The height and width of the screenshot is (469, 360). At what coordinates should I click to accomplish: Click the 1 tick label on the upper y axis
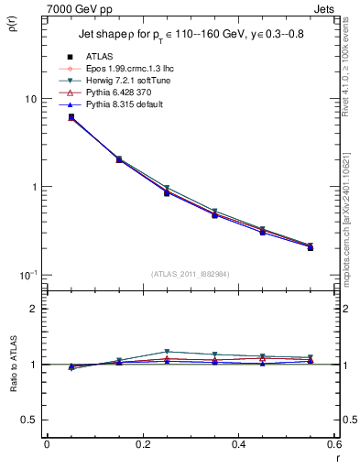33,187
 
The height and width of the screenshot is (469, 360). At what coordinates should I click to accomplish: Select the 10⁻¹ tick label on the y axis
27,275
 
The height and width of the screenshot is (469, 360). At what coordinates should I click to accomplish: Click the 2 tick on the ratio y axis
33,310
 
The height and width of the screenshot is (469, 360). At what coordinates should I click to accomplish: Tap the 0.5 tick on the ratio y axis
29,420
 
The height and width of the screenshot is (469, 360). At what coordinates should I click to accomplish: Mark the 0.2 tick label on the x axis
142,444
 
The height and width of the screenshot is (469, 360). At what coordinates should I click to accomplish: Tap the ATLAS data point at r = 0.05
71,117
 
